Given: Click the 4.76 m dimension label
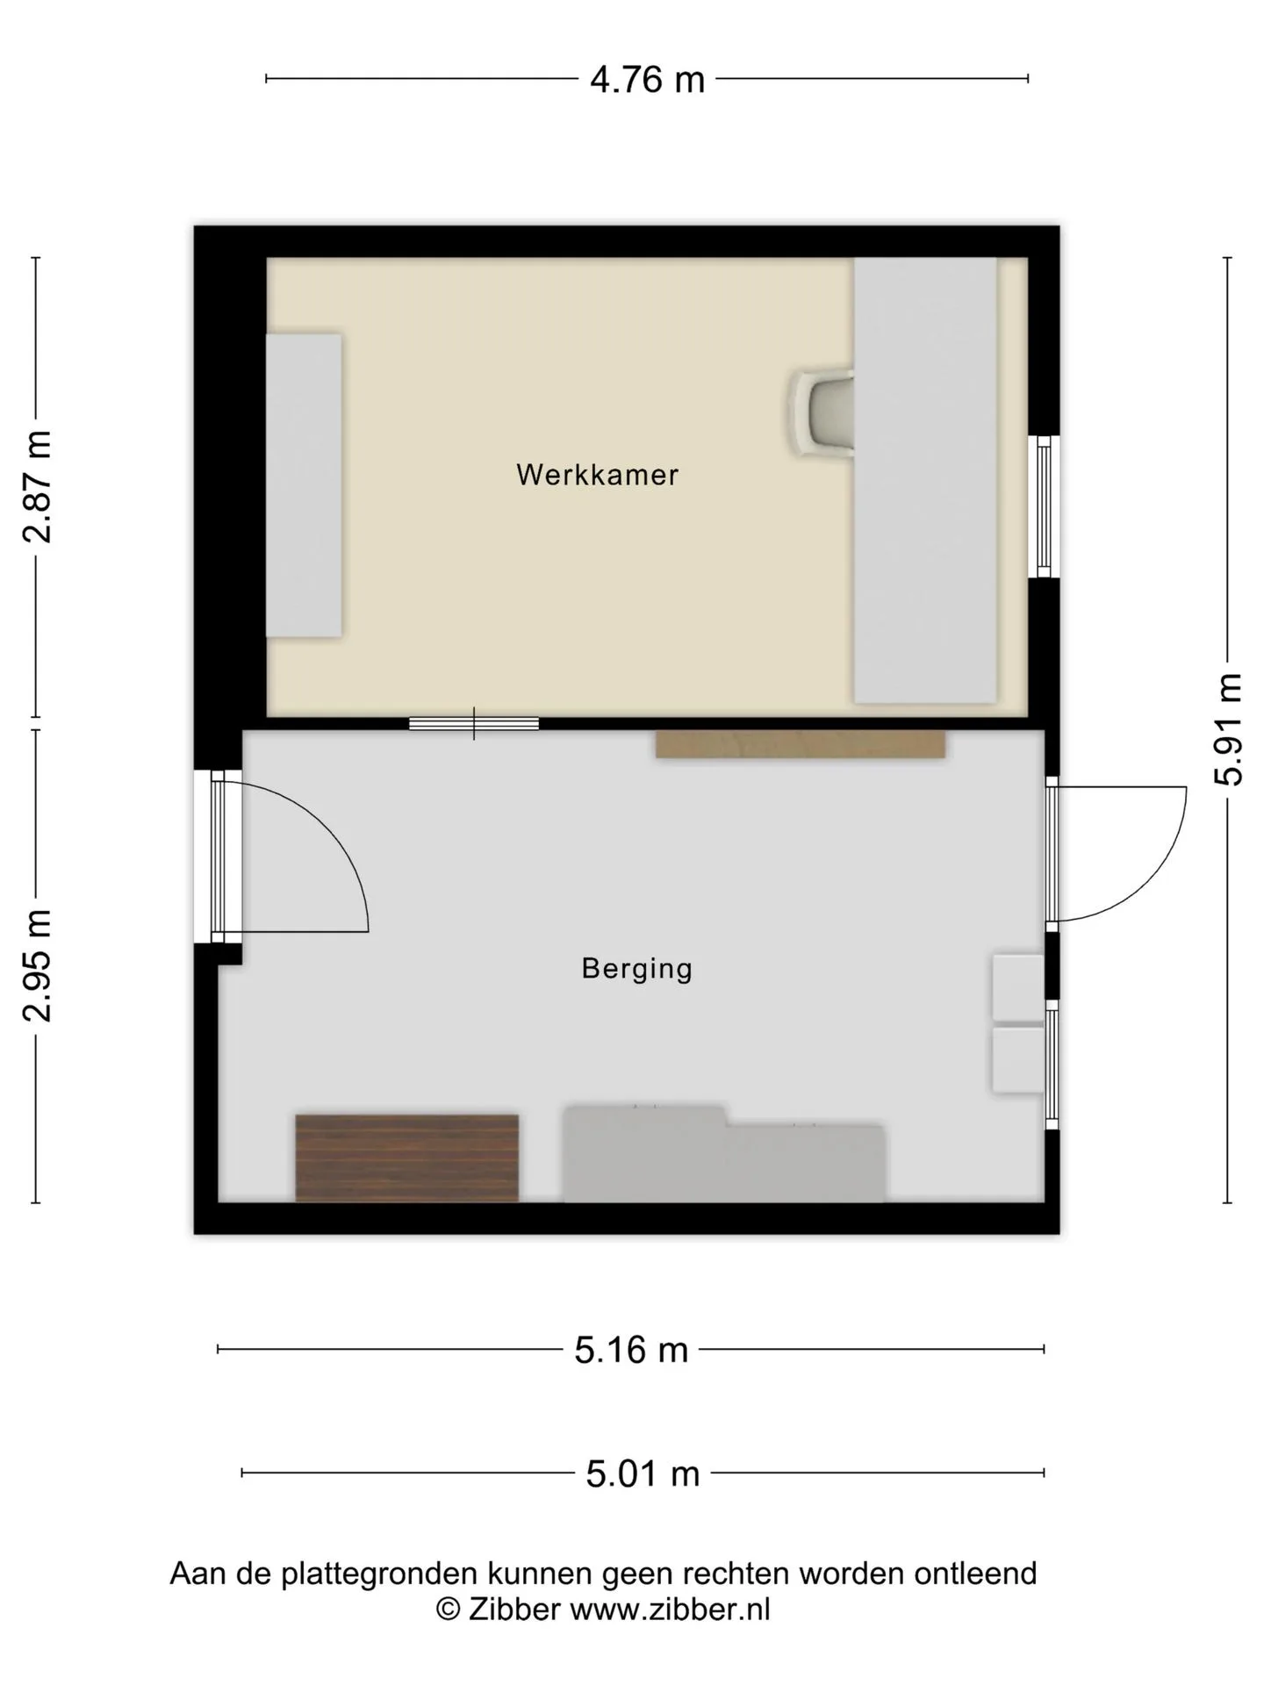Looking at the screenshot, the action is (x=647, y=80).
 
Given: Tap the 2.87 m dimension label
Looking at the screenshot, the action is (x=38, y=487).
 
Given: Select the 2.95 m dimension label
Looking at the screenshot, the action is (x=38, y=966).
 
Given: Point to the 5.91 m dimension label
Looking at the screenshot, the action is (x=1228, y=729).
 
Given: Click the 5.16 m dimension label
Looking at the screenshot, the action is (x=631, y=1350).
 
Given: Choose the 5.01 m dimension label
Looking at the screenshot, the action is (x=643, y=1473).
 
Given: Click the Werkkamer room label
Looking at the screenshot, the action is (x=598, y=475).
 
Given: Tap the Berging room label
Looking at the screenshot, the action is (x=637, y=969).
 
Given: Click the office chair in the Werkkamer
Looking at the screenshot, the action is (x=823, y=412).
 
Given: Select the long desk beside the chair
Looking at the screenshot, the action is (x=925, y=480).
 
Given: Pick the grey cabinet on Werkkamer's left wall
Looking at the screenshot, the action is (x=304, y=485).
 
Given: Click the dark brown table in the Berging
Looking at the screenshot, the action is (x=407, y=1158).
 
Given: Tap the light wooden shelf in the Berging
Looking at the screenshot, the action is (x=801, y=744).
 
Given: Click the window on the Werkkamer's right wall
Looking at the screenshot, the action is (x=1044, y=506).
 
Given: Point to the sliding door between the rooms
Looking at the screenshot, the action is (x=474, y=723).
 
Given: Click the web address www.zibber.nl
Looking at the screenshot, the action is (x=670, y=1609).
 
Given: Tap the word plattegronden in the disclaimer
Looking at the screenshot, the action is (x=379, y=1574).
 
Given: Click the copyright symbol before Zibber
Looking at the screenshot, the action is (x=449, y=1610).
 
